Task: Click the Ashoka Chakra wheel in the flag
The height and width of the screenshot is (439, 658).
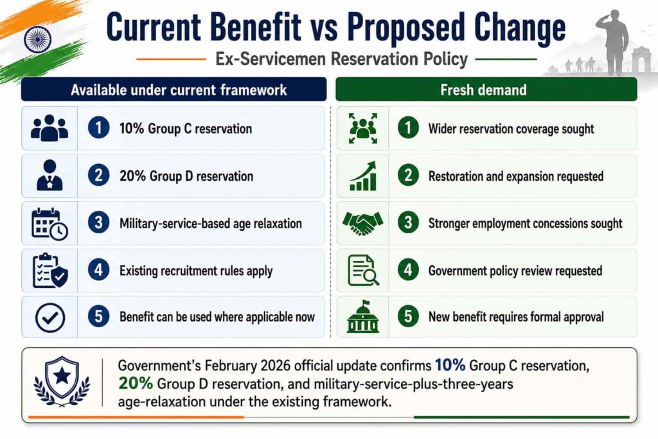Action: [37, 40]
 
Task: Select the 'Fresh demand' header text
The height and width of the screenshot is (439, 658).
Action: [483, 90]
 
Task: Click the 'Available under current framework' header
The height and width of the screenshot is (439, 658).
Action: [179, 90]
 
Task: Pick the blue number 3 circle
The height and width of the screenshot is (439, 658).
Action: [98, 222]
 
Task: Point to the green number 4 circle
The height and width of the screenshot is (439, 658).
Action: [408, 270]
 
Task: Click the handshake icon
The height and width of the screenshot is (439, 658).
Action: [362, 223]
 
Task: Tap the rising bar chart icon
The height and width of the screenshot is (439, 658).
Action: [363, 176]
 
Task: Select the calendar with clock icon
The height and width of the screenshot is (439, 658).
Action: [49, 224]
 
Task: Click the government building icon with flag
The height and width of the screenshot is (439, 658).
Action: [363, 316]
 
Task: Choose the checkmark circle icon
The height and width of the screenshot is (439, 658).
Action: [50, 318]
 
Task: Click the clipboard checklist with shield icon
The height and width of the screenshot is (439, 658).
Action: [50, 271]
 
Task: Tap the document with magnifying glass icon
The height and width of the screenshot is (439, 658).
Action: [363, 271]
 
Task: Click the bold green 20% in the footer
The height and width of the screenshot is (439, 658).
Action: [136, 383]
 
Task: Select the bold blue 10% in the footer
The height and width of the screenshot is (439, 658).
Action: [450, 365]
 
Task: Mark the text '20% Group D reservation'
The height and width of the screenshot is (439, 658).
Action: [186, 176]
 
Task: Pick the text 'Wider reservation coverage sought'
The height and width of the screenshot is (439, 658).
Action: [511, 129]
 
